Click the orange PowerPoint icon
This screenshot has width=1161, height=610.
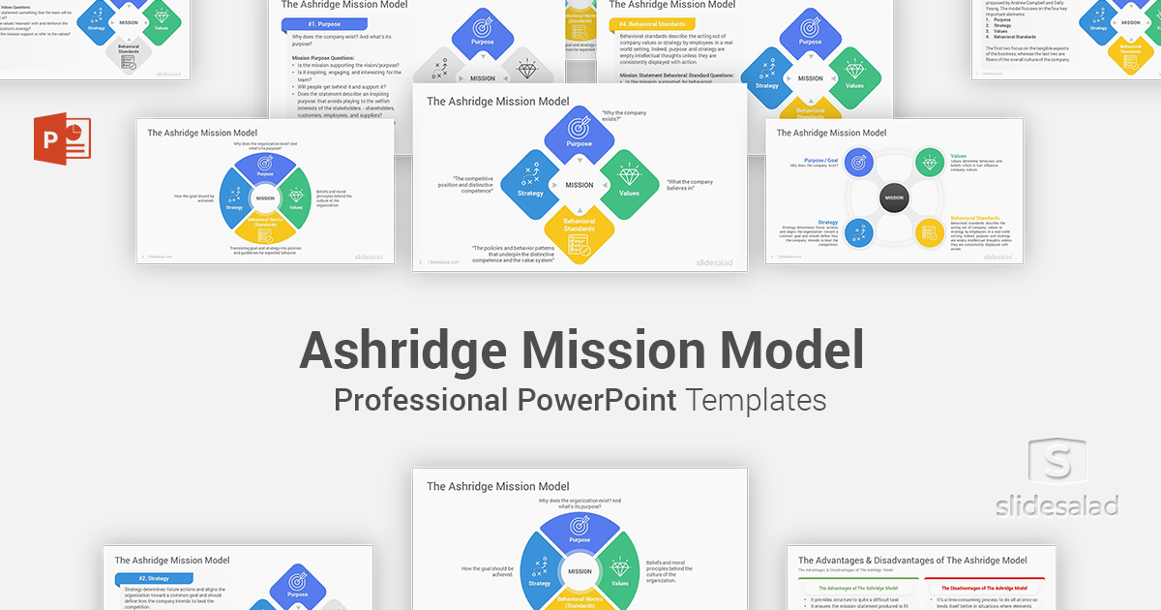[x=60, y=138]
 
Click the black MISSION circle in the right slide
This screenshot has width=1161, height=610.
[x=894, y=198]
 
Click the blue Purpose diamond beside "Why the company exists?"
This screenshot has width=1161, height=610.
[x=580, y=133]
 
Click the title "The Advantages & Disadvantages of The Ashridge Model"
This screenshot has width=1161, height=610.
[x=912, y=561]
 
